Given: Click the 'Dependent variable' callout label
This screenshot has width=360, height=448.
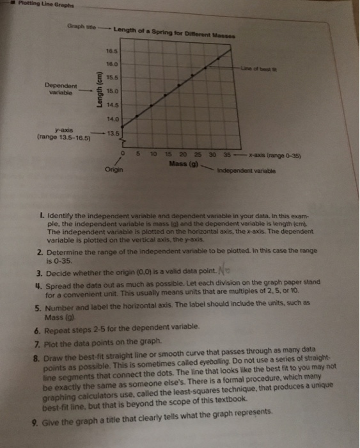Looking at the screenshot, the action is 61,89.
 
